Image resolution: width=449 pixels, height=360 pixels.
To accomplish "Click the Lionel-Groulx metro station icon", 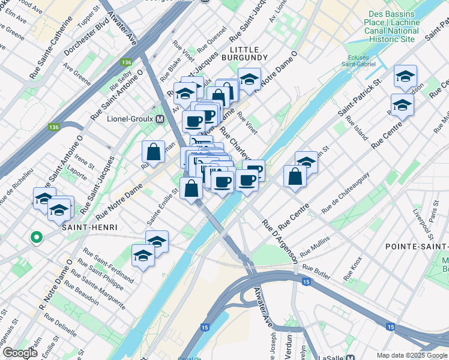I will point(160,119).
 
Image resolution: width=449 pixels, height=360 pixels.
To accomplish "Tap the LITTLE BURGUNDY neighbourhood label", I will point(240,53).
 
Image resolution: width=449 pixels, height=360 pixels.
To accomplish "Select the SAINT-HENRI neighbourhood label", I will point(88,227).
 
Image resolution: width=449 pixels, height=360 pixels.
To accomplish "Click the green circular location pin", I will point(37,238).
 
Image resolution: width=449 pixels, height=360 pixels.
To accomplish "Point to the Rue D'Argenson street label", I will point(279,240).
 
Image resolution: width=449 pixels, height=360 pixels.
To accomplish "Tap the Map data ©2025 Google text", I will point(411,355).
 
